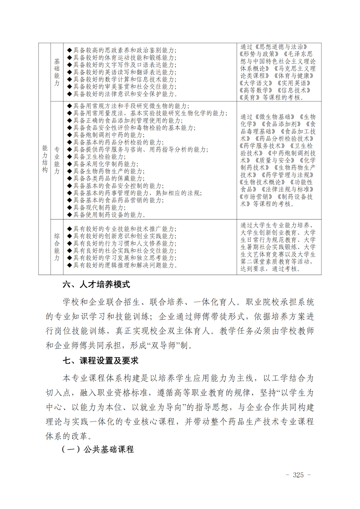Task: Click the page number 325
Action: pyautogui.click(x=298, y=475)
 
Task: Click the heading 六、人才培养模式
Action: pyautogui.click(x=96, y=285)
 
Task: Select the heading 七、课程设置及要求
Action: pyautogui.click(x=100, y=361)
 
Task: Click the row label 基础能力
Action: pyautogui.click(x=57, y=72)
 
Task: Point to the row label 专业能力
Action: pyautogui.click(x=57, y=161)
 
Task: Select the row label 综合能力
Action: pyautogui.click(x=57, y=247)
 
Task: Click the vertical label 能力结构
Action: pyautogui.click(x=45, y=159)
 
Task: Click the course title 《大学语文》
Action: pyautogui.click(x=256, y=83)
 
